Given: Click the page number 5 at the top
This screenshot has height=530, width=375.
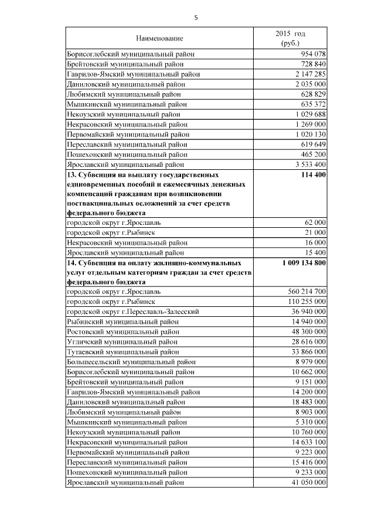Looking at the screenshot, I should click(196, 18).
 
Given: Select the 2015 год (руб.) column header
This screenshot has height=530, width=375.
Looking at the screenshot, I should click(290, 39).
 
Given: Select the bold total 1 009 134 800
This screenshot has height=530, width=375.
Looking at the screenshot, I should click(304, 262).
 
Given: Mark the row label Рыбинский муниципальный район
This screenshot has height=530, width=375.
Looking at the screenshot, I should click(124, 322).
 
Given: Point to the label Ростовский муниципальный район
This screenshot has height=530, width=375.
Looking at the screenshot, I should click(125, 331).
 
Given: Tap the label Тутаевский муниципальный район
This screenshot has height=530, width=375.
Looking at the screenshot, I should click(124, 352).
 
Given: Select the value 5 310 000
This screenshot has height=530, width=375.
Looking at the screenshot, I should click(308, 422).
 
